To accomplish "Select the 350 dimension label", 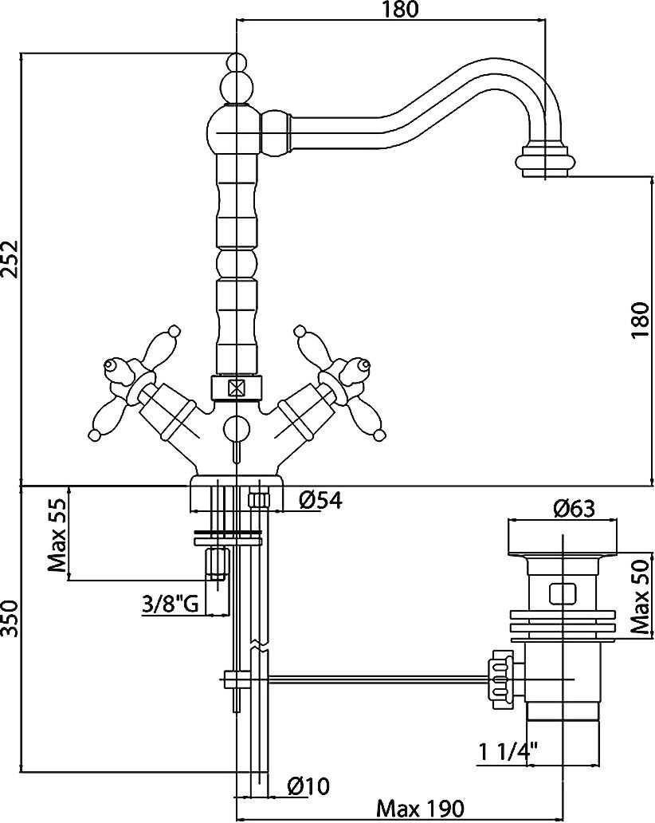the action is pyautogui.click(x=10, y=619).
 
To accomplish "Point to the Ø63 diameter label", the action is pyautogui.click(x=575, y=508).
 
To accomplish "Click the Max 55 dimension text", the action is pyautogui.click(x=57, y=535).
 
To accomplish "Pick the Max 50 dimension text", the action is pyautogui.click(x=641, y=595).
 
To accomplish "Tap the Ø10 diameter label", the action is pyautogui.click(x=308, y=786).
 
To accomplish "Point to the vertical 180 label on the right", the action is pyautogui.click(x=641, y=321).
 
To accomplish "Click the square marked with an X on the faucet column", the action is pyautogui.click(x=235, y=388).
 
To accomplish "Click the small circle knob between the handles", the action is pyautogui.click(x=235, y=428).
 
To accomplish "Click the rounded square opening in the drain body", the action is pyautogui.click(x=563, y=593).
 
